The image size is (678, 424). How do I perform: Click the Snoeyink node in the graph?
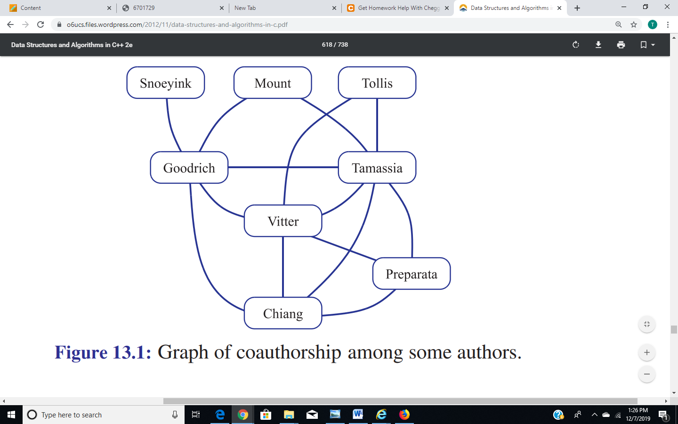click(x=166, y=83)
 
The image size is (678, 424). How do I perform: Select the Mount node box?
click(x=273, y=83)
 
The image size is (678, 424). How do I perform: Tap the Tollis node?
click(x=377, y=83)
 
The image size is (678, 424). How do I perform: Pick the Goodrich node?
click(x=189, y=168)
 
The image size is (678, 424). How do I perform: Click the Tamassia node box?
click(x=377, y=168)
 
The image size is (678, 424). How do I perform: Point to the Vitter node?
click(x=283, y=221)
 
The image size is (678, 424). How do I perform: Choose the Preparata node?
click(x=412, y=273)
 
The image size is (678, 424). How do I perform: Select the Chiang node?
click(x=283, y=313)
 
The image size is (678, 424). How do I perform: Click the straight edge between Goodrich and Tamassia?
click(x=283, y=167)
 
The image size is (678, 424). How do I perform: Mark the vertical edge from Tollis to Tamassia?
click(x=377, y=125)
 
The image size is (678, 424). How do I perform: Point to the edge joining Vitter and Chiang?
click(x=283, y=267)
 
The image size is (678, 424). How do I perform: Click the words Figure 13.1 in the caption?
click(x=103, y=352)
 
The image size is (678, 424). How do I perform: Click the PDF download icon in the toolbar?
click(x=598, y=45)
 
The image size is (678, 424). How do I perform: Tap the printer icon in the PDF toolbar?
click(x=621, y=45)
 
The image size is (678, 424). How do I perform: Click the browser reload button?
click(x=40, y=24)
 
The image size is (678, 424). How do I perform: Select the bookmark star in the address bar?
click(x=634, y=24)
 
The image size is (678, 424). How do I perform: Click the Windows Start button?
click(x=11, y=415)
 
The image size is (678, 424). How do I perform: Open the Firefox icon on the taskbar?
click(x=404, y=414)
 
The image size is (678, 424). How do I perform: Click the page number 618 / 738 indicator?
click(x=335, y=44)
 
